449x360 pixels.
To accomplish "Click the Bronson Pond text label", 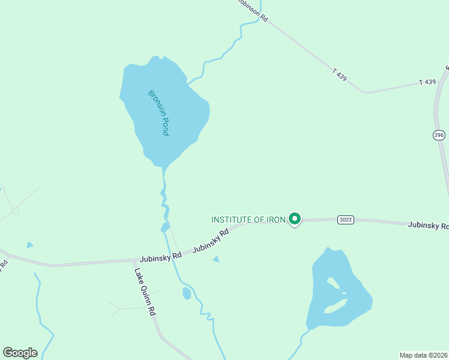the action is click(158, 112).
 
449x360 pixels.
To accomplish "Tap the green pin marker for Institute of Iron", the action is click(294, 219).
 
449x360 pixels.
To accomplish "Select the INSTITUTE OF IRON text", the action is click(248, 220).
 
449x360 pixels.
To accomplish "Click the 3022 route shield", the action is click(345, 220).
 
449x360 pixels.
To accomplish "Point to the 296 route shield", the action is click(439, 135).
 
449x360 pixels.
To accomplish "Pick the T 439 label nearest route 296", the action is click(427, 82).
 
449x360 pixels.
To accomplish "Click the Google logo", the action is click(20, 353).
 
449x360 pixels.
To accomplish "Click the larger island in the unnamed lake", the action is click(335, 307).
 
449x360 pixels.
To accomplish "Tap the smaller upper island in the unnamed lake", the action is click(331, 282).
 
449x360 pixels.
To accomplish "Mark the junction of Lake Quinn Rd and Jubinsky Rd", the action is click(135, 260).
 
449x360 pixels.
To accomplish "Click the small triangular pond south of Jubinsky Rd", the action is click(216, 259).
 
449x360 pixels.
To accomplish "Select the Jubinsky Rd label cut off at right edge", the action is click(428, 226).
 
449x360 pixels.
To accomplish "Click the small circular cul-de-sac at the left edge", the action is click(16, 210).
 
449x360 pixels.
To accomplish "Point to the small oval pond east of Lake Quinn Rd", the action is click(187, 293).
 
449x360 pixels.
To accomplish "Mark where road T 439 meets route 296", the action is click(436, 81).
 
